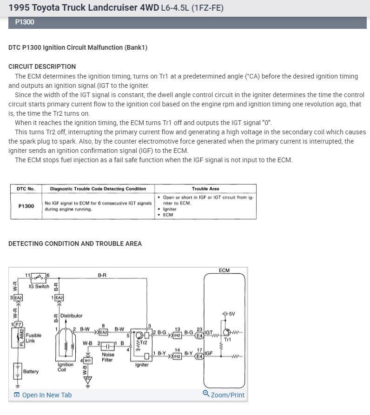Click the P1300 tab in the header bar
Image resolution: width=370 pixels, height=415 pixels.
(25, 22)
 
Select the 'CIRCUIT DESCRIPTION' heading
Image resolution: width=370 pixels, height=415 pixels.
(42, 66)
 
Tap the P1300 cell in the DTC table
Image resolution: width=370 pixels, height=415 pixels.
(26, 206)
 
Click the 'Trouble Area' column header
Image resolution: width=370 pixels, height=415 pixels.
(205, 189)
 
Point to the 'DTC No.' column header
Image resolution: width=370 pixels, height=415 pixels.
(26, 189)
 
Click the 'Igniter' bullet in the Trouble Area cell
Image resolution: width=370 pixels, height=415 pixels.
(170, 209)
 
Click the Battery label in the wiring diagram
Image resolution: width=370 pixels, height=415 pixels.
(31, 371)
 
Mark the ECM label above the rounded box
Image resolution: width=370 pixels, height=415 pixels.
(224, 270)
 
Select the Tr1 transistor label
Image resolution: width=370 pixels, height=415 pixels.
(227, 340)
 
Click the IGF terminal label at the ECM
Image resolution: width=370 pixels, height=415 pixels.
(209, 353)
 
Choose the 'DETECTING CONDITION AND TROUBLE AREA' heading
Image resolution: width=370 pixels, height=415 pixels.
(75, 244)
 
